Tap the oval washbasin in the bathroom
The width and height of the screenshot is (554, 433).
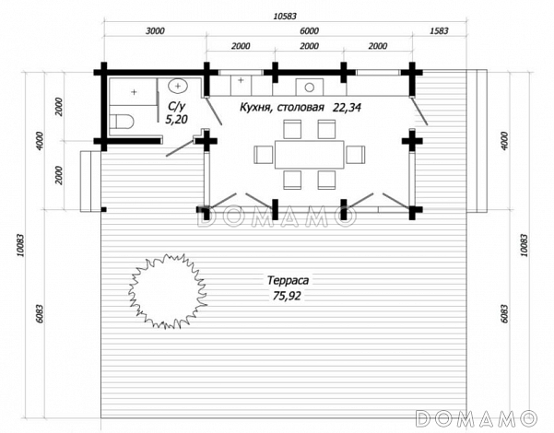coord(178,86)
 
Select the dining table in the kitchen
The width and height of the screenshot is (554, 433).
coord(310,155)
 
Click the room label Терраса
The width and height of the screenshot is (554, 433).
coord(288,280)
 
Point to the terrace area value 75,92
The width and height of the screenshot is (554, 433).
coord(287,296)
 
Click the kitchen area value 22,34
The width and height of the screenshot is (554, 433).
coord(347,108)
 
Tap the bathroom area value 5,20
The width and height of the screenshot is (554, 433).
coord(177,120)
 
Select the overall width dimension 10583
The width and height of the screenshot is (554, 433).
coord(285,17)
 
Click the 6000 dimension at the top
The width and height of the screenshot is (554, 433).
coord(309,31)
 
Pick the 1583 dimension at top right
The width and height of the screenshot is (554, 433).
coord(439,31)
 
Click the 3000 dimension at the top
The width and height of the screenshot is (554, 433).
coord(155,31)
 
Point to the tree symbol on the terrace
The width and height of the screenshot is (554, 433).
coord(167,291)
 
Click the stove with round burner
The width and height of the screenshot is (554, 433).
coord(310,87)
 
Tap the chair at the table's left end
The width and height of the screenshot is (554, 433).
coord(264,155)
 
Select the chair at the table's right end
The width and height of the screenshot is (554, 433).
coord(356,155)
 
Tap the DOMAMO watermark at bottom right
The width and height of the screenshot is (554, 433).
coord(476,418)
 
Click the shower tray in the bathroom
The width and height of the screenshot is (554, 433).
coord(134,92)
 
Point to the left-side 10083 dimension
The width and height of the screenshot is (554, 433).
coord(20,245)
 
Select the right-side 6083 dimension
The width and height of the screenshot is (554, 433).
coord(504,314)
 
